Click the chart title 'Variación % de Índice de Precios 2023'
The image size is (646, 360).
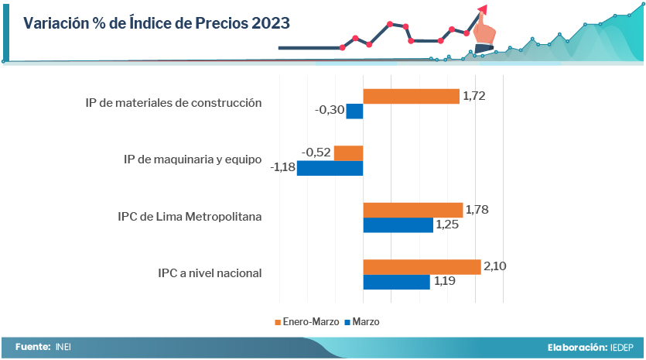156,23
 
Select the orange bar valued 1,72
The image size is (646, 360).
411,96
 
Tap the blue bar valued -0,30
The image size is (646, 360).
354,111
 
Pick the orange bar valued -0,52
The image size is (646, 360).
348,153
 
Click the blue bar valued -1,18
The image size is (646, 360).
330,168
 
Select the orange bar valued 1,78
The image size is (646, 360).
412,210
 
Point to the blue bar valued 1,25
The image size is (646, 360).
398,225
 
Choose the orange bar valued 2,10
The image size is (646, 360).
422,267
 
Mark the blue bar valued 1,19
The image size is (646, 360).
396,282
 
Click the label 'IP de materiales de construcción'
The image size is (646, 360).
173,103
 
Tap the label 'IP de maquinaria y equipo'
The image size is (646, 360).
193,159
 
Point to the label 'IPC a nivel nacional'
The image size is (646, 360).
210,273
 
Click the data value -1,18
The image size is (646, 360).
283,168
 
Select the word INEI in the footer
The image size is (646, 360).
63,348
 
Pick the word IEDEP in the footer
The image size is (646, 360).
623,348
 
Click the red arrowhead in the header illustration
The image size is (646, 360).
483,9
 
